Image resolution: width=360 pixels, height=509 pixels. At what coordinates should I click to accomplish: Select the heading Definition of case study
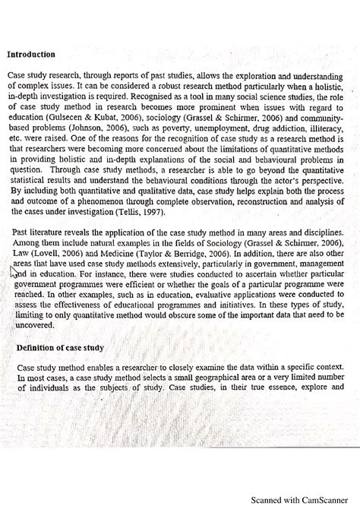tap(60, 348)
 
